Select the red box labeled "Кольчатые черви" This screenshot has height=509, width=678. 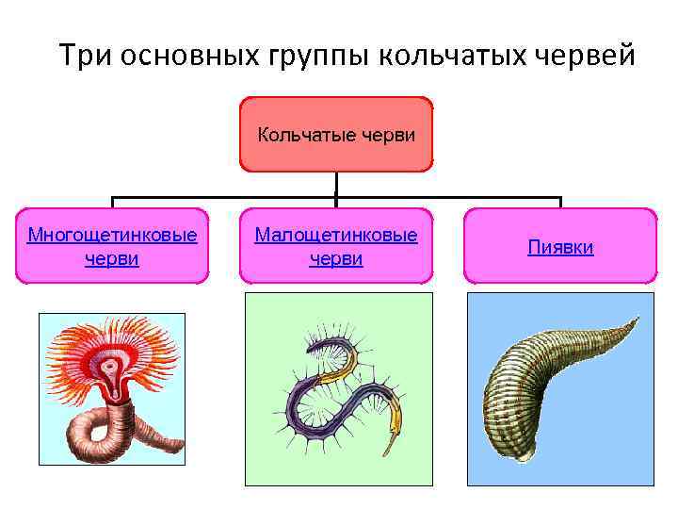336,134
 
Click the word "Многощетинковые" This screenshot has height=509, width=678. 112,235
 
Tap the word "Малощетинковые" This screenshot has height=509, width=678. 336,235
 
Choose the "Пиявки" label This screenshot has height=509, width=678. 560,247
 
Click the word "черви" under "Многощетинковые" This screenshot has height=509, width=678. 112,258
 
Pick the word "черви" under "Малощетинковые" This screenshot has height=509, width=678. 336,258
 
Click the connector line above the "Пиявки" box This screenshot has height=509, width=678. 560,202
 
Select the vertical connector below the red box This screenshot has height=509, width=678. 336,184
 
